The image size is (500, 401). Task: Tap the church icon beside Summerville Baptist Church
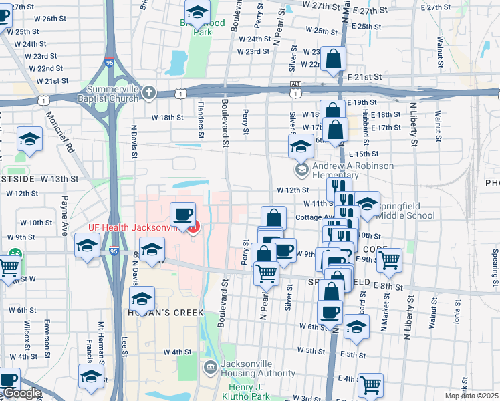pos(149,93)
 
